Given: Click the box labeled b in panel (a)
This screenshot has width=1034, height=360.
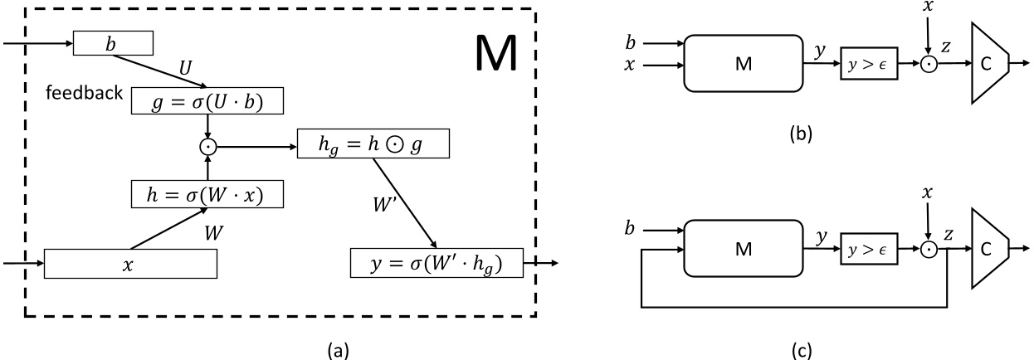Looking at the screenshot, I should tap(114, 42).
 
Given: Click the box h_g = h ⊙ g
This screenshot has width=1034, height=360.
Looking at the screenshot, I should tap(373, 146).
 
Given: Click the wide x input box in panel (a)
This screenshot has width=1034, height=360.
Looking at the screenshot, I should tap(129, 263).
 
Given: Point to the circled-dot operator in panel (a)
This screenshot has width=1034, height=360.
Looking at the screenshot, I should tap(206, 147).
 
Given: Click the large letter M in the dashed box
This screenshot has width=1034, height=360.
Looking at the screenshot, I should tap(495, 54).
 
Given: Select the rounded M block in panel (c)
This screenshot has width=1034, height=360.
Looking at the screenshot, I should tap(744, 247).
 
